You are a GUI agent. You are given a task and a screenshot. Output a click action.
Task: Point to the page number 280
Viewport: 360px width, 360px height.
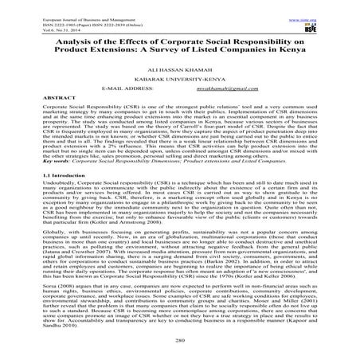tap(180, 351)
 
